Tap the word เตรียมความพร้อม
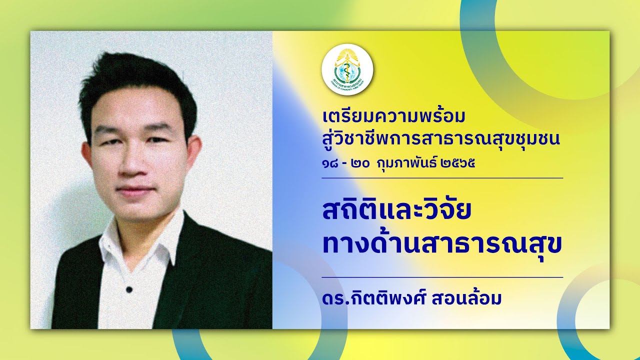click(394, 117)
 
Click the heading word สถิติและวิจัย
click(397, 211)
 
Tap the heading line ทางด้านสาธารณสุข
click(442, 244)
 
